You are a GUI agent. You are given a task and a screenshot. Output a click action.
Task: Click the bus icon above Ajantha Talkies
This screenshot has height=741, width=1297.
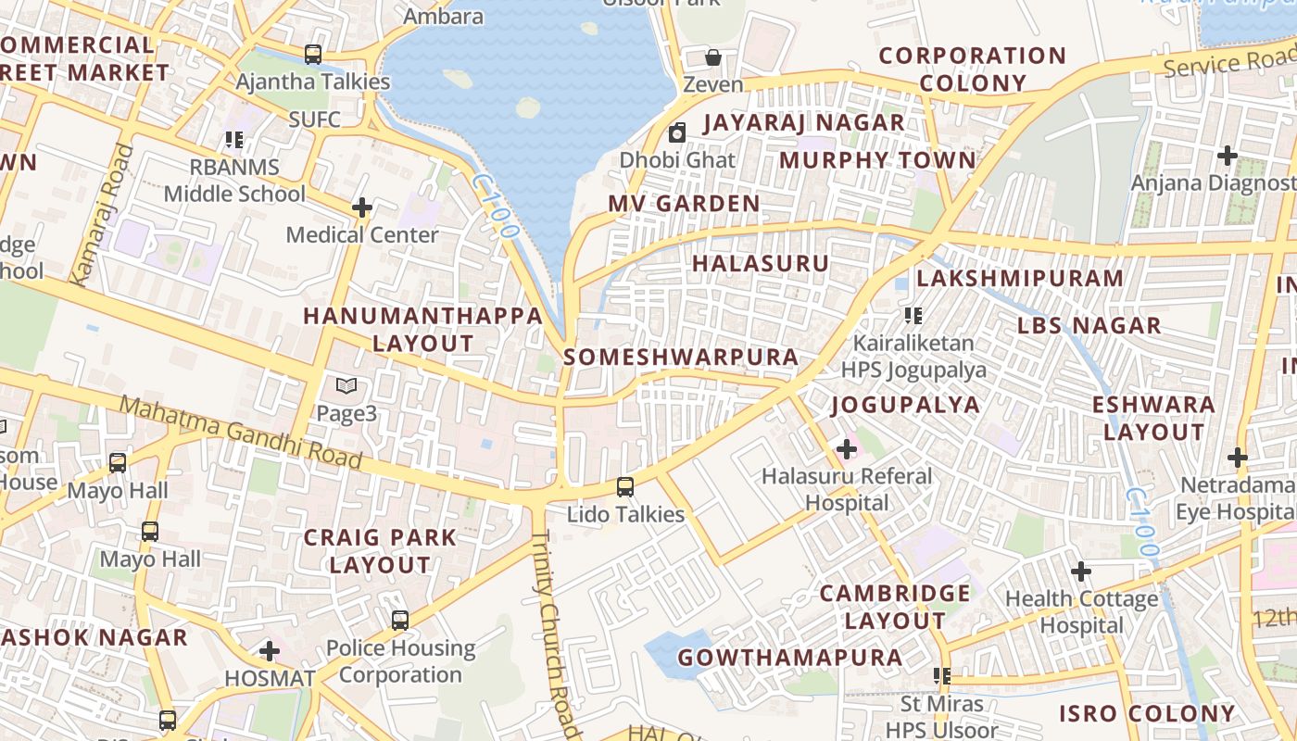pyautogui.click(x=313, y=55)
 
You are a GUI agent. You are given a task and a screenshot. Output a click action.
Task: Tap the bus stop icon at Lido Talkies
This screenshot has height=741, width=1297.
pyautogui.click(x=625, y=487)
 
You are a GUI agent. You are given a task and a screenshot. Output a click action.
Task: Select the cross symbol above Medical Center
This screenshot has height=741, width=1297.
pyautogui.click(x=361, y=207)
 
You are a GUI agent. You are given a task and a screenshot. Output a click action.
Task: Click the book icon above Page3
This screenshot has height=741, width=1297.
pyautogui.click(x=346, y=385)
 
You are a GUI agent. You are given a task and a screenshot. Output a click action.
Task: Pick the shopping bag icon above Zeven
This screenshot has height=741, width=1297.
pyautogui.click(x=713, y=57)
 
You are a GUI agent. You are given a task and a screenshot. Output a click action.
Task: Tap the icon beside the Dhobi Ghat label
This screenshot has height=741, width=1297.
pyautogui.click(x=677, y=132)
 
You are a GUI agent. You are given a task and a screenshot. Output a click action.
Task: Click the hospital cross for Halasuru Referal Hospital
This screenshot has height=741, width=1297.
pyautogui.click(x=846, y=450)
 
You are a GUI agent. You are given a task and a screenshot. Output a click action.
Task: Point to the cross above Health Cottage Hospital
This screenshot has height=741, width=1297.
pyautogui.click(x=1080, y=571)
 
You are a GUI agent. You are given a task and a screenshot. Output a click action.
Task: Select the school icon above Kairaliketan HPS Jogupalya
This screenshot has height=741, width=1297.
pyautogui.click(x=913, y=316)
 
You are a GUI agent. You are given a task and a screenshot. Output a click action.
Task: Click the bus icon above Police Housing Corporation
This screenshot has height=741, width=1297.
pyautogui.click(x=400, y=621)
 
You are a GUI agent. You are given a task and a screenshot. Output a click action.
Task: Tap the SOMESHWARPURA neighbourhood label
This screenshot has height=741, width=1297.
pyautogui.click(x=681, y=358)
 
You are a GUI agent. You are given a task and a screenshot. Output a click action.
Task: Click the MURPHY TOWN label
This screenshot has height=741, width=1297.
pyautogui.click(x=877, y=160)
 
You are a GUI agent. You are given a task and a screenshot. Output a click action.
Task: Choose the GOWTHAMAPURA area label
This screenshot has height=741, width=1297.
pyautogui.click(x=789, y=658)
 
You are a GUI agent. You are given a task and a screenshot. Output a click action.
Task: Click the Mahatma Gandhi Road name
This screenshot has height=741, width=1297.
pyautogui.click(x=241, y=433)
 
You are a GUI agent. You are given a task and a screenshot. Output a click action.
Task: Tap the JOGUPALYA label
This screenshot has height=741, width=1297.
pyautogui.click(x=905, y=405)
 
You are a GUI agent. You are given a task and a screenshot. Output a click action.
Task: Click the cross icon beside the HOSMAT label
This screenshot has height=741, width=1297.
pyautogui.click(x=270, y=651)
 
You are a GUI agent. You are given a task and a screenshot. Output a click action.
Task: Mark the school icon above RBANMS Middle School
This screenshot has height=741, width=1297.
pyautogui.click(x=234, y=140)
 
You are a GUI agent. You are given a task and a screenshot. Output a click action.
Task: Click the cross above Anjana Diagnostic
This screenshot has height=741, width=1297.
pyautogui.click(x=1228, y=156)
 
